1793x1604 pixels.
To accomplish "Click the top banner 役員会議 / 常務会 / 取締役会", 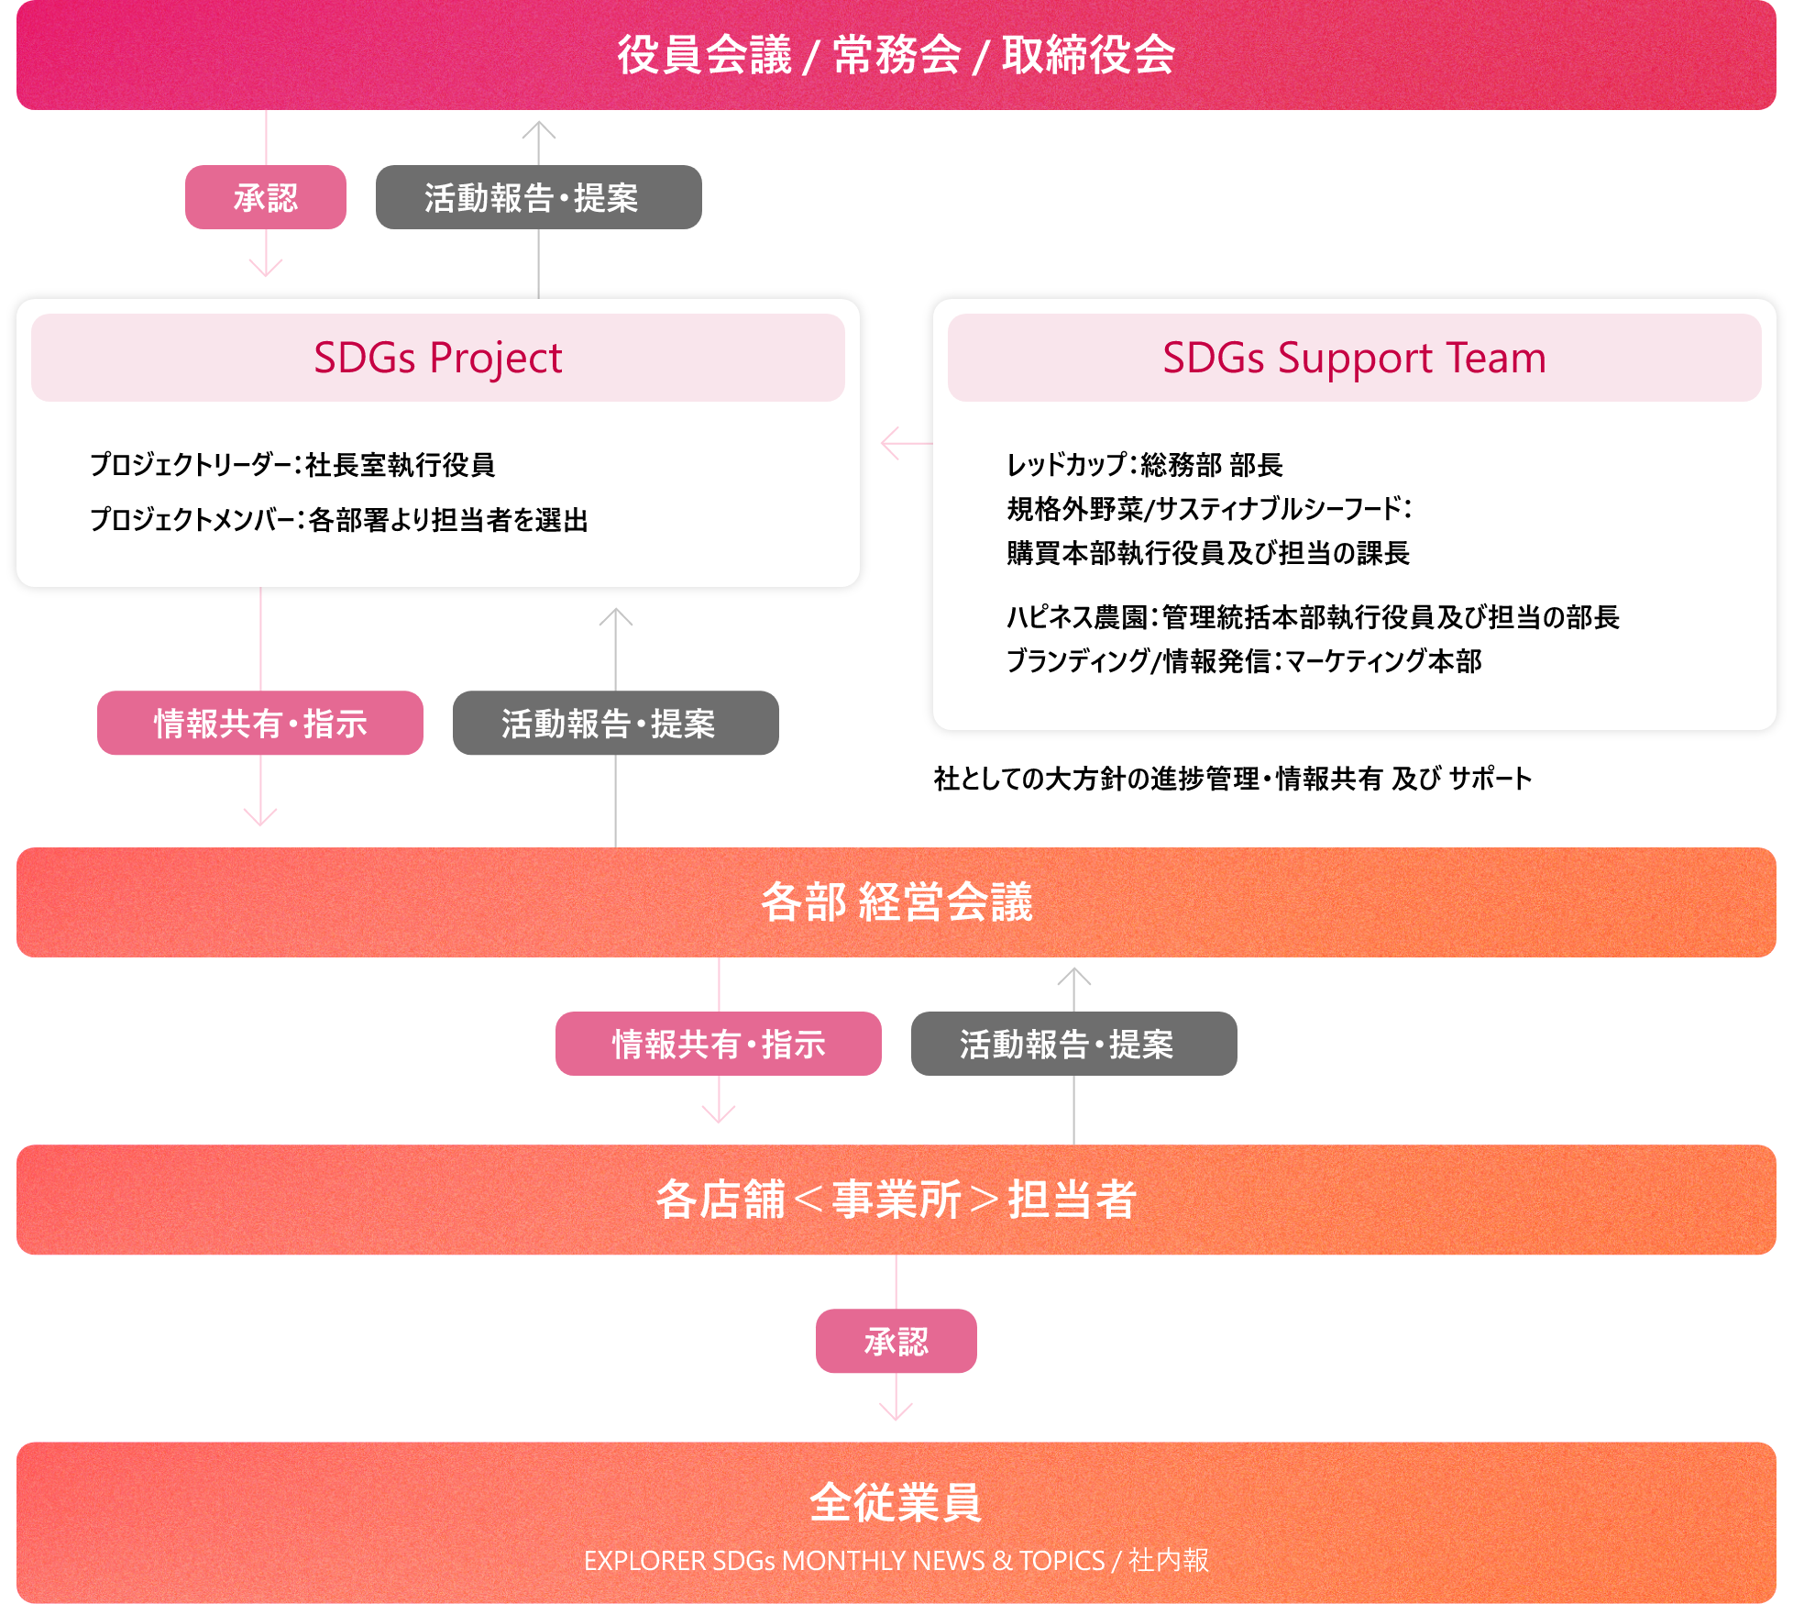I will [x=896, y=55].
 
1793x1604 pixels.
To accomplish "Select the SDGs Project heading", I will [x=437, y=358].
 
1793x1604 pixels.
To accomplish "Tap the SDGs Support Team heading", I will [x=1354, y=358].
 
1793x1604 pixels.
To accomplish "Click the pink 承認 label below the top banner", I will [x=265, y=197].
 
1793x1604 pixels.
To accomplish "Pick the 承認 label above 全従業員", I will [x=896, y=1341].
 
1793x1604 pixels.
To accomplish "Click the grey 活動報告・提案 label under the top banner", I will [x=538, y=197].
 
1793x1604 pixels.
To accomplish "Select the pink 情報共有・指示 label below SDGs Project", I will [x=260, y=724].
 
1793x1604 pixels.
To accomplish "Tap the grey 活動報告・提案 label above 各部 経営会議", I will [x=615, y=724].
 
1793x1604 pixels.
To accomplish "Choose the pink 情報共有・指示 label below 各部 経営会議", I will [x=718, y=1044].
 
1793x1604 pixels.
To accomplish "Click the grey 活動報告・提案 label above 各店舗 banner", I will [x=1073, y=1044].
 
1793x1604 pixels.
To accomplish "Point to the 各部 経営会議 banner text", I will [x=896, y=902].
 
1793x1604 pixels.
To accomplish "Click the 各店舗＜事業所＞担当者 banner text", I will [x=896, y=1200].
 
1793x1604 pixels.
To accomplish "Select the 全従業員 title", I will [x=896, y=1502].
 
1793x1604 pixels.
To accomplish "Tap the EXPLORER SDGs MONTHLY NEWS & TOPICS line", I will [x=896, y=1560].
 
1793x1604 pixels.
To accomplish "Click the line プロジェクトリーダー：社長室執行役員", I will [x=292, y=465].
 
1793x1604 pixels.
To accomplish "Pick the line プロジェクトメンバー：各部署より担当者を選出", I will [x=338, y=520].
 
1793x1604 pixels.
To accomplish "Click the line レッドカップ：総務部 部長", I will [x=1144, y=465].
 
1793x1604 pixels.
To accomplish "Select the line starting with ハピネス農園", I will [x=1313, y=617].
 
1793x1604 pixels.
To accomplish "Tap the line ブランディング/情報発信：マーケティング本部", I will [x=1244, y=661].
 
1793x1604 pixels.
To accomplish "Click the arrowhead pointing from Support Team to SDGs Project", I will [x=887, y=444].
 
